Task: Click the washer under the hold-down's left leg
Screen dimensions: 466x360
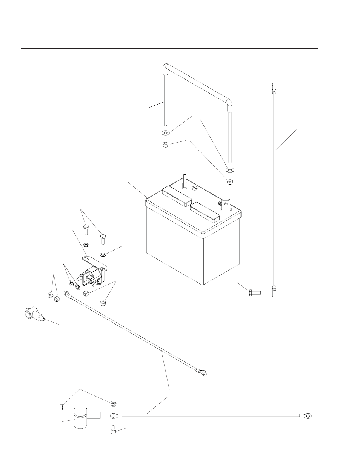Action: click(165, 133)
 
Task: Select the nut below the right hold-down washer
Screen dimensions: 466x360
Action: click(230, 182)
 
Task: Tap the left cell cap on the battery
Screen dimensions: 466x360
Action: click(176, 197)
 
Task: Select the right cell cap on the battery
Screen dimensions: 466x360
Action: click(205, 212)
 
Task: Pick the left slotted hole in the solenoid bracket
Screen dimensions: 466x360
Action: click(87, 259)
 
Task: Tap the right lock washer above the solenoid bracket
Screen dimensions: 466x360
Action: click(103, 253)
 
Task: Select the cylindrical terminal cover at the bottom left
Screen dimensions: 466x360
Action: click(82, 417)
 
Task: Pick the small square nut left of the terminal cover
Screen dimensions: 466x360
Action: click(61, 406)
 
